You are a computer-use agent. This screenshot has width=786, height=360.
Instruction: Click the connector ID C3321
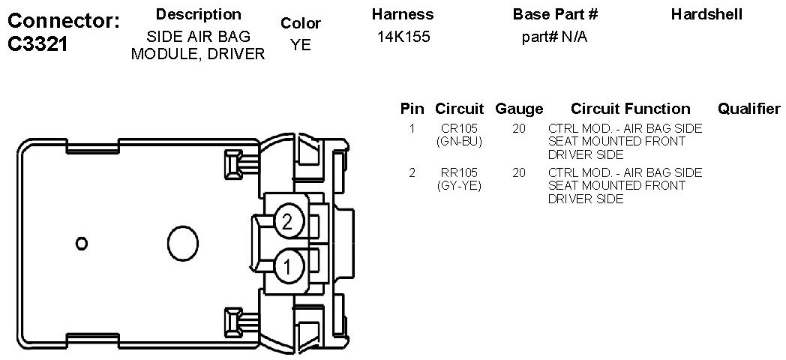(x=38, y=44)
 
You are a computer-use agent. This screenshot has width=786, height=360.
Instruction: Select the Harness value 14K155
(x=403, y=37)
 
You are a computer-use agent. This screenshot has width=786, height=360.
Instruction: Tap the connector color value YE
(x=301, y=44)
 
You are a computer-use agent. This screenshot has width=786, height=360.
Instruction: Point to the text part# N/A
(x=554, y=37)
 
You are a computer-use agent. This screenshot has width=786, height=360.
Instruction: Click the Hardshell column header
(x=706, y=14)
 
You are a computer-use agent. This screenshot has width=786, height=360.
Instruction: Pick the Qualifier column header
(x=749, y=109)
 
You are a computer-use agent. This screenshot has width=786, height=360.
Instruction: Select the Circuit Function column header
(x=630, y=109)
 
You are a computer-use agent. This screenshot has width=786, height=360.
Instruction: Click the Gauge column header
(x=519, y=109)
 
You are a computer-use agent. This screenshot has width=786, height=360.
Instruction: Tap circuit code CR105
(x=459, y=129)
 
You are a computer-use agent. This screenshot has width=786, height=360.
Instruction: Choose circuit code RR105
(x=459, y=173)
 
